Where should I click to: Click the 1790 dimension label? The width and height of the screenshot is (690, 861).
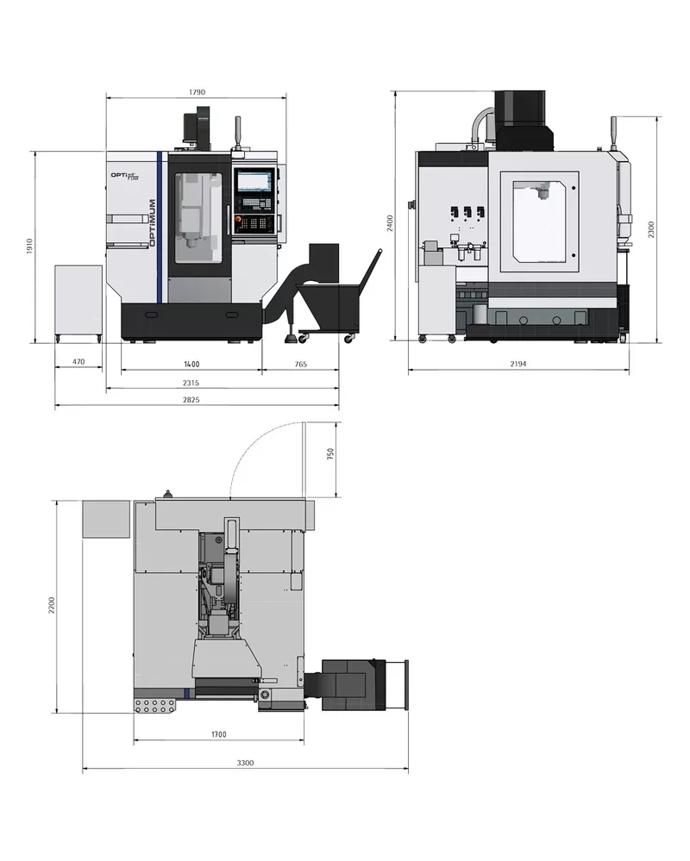[197, 92]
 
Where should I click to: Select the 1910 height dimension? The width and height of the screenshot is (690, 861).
[29, 246]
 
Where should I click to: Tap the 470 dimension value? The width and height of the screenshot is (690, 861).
[78, 362]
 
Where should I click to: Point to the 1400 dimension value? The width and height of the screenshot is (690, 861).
[191, 364]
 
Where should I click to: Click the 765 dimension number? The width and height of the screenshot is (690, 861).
[300, 364]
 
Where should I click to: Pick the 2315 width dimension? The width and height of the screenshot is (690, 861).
[191, 383]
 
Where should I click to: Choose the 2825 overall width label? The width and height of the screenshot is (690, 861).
[191, 400]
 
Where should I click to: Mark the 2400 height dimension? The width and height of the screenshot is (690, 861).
[390, 223]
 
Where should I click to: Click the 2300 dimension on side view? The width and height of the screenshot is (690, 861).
[651, 229]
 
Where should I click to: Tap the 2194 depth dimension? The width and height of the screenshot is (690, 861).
[518, 364]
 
